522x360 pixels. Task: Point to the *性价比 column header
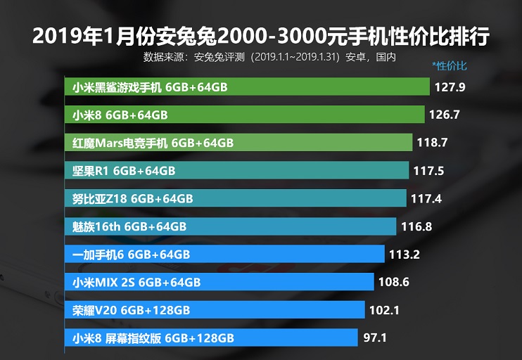(450, 67)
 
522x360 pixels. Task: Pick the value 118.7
(433, 143)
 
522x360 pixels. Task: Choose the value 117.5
(430, 171)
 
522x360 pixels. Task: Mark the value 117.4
(426, 198)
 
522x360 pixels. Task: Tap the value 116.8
(417, 226)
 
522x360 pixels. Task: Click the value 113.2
(405, 255)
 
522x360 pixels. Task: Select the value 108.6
(395, 282)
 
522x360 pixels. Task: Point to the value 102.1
(386, 310)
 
